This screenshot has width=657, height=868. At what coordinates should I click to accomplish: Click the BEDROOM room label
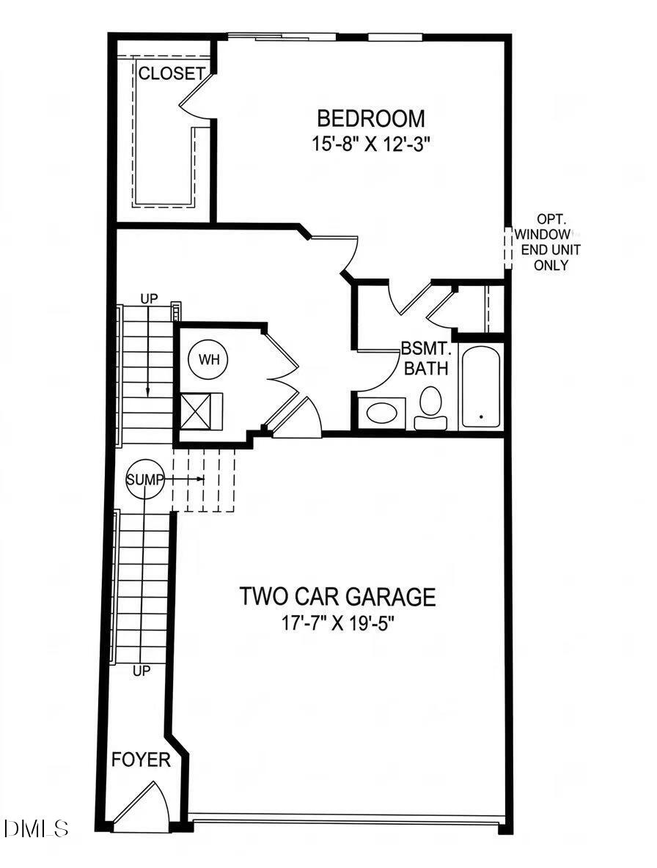point(370,118)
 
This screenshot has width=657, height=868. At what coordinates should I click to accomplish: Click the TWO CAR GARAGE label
point(337,597)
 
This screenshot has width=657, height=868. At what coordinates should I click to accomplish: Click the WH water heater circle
point(208,360)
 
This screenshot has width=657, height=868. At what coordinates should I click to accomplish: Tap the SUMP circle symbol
point(142,479)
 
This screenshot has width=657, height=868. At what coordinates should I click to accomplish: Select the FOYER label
point(141,760)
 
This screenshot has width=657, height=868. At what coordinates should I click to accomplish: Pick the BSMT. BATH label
point(426,358)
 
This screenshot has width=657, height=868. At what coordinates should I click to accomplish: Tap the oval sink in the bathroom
point(382,413)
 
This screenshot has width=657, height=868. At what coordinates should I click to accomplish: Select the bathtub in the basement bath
point(481,386)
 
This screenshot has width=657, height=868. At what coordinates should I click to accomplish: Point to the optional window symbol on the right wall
point(507,245)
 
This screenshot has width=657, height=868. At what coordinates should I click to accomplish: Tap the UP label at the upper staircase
point(149,299)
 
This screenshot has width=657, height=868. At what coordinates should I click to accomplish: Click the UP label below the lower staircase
point(142,670)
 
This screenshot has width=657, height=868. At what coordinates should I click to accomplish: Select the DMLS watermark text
point(36,829)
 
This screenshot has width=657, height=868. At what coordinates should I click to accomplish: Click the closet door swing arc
point(192,97)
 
